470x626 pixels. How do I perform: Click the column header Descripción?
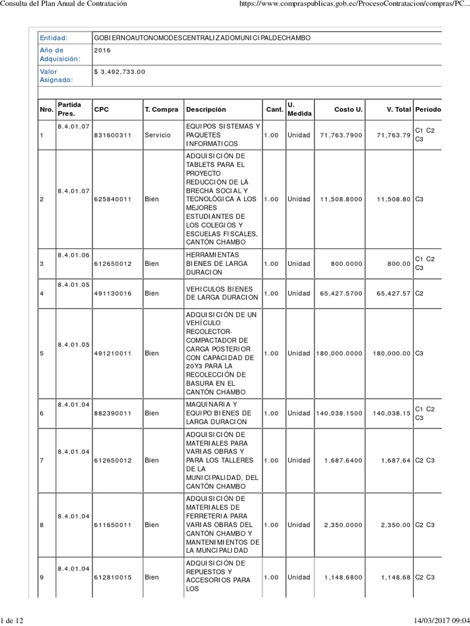click(x=206, y=109)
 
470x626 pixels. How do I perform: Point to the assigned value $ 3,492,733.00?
click(x=121, y=72)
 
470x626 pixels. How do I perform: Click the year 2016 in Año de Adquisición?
click(x=103, y=50)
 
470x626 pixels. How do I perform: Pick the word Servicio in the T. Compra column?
click(x=158, y=135)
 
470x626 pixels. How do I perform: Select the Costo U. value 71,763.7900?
click(x=341, y=135)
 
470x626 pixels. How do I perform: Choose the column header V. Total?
click(x=398, y=109)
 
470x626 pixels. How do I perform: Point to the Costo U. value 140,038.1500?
click(x=340, y=413)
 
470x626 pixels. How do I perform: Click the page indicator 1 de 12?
click(x=12, y=621)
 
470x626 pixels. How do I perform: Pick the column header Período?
click(x=427, y=109)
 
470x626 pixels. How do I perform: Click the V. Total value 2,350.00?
click(x=396, y=525)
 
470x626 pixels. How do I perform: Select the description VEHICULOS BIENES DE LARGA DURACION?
click(x=222, y=293)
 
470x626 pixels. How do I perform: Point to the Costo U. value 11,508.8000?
click(x=341, y=199)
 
